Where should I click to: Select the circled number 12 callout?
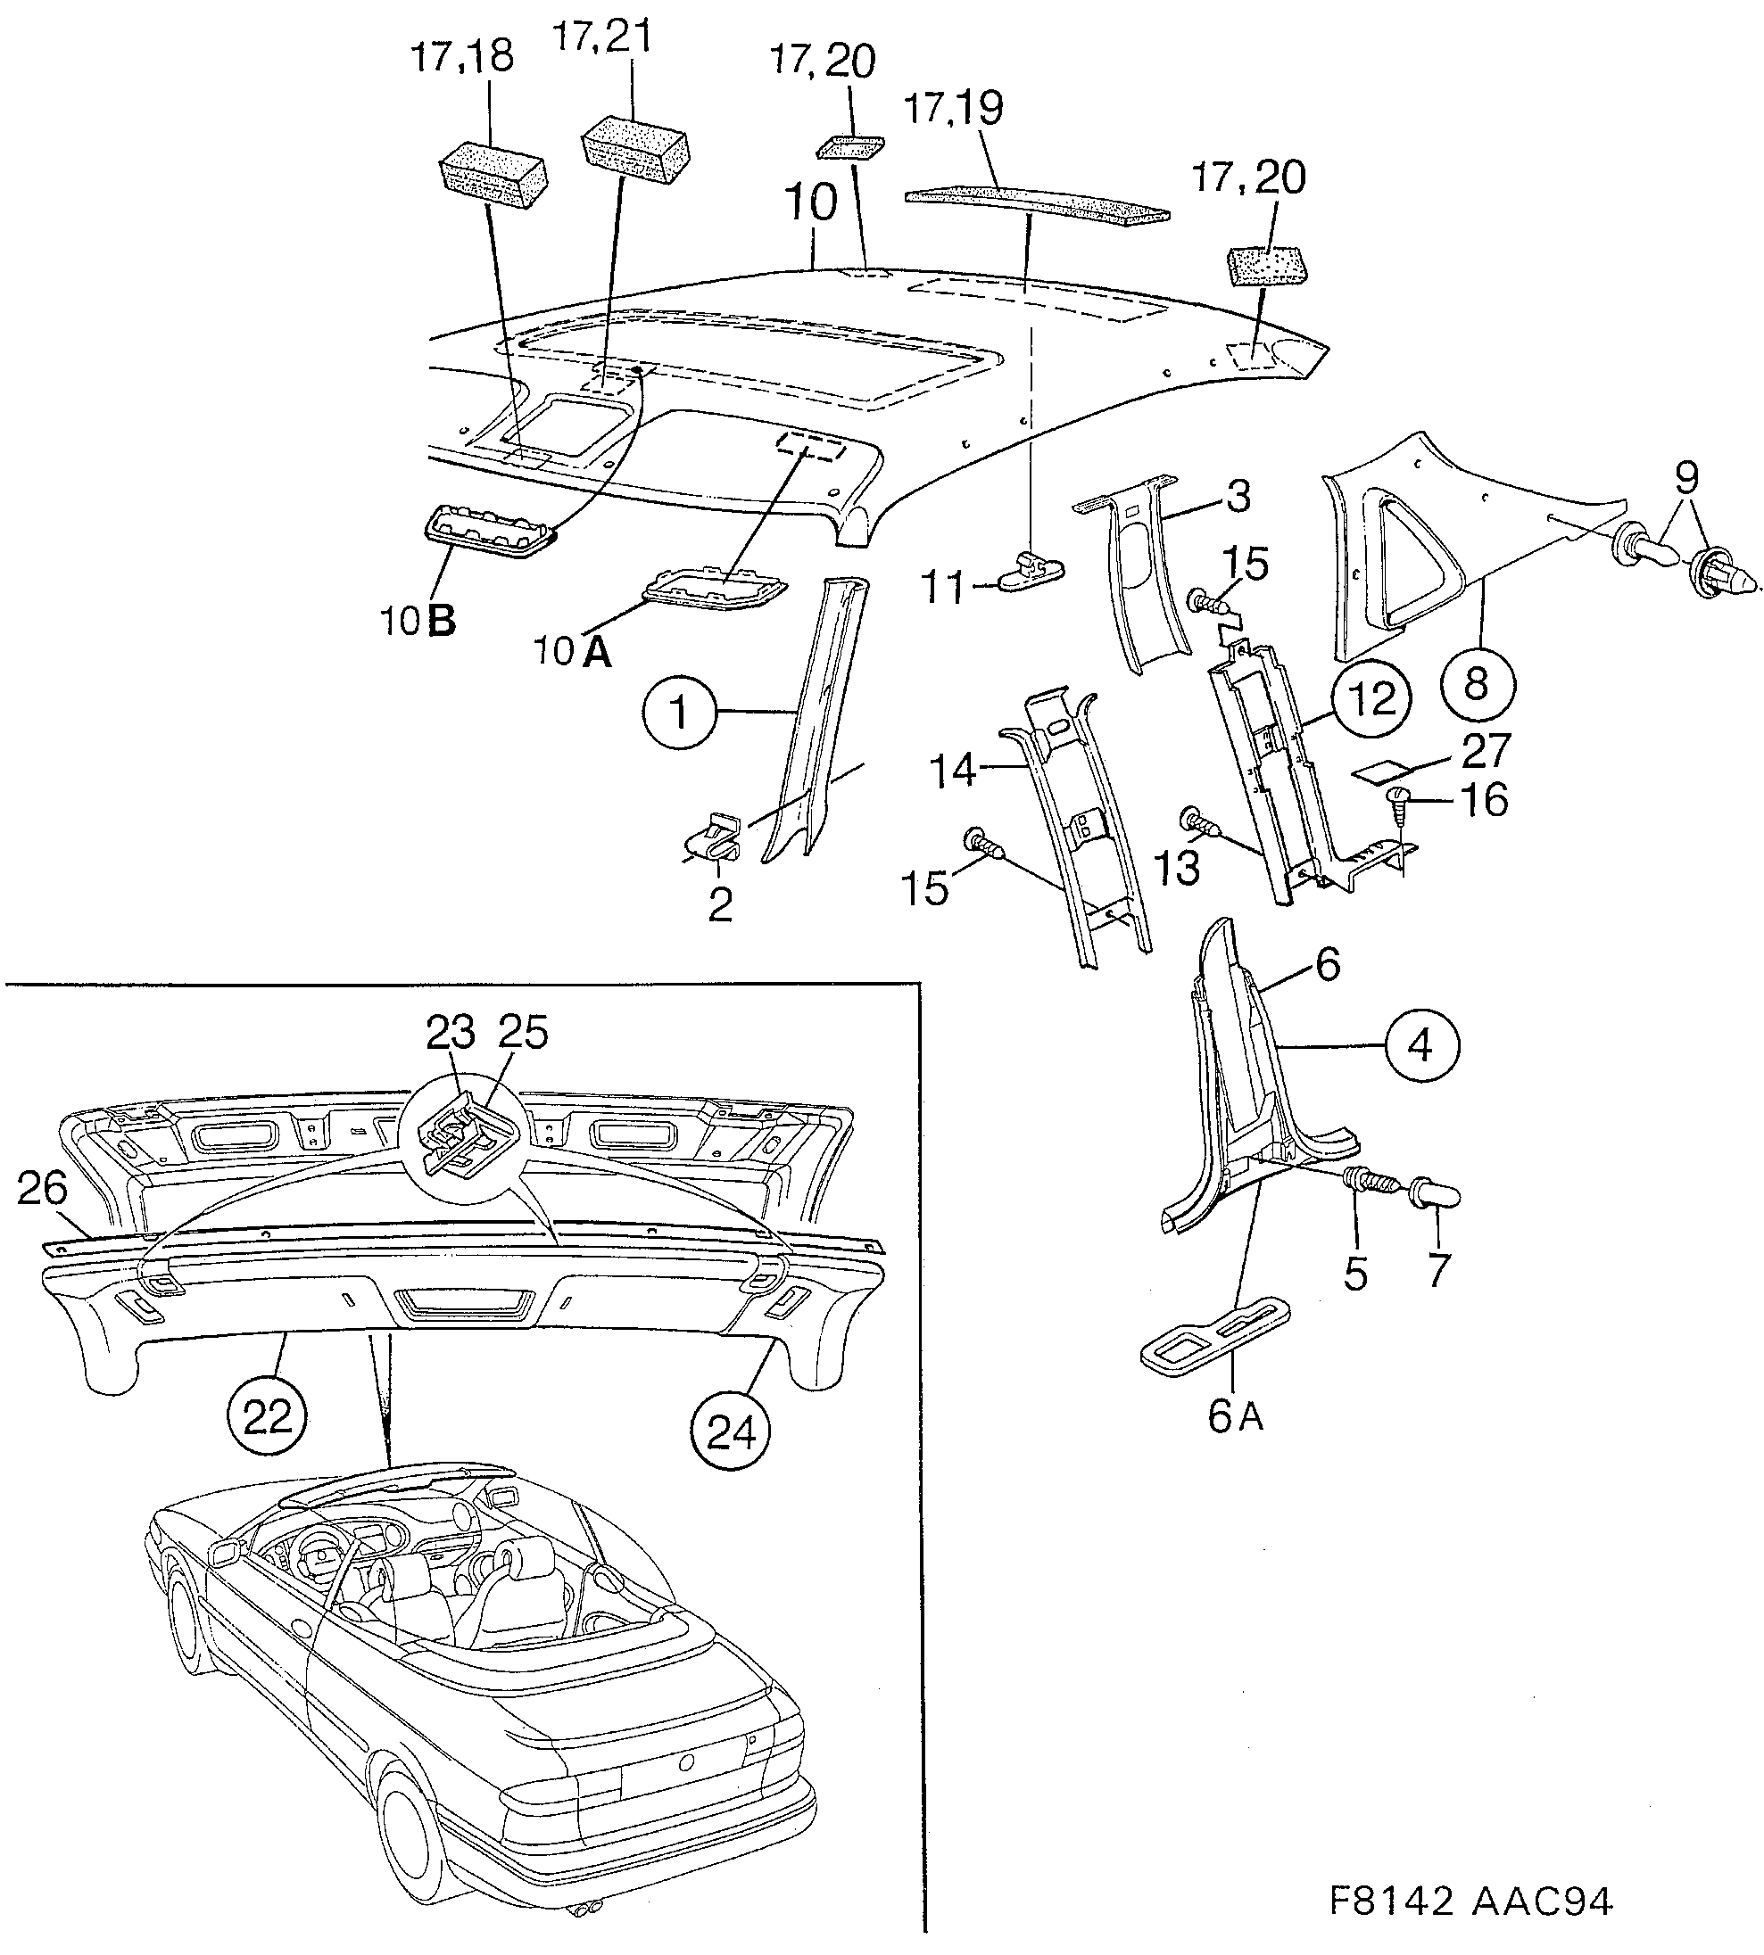pyautogui.click(x=1371, y=698)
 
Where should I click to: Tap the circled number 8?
pyautogui.click(x=1477, y=684)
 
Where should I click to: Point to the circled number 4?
pyautogui.click(x=1420, y=1045)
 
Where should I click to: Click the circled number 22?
pyautogui.click(x=268, y=1417)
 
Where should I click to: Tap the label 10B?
pyautogui.click(x=418, y=621)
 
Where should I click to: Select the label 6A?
pyautogui.click(x=1236, y=1417)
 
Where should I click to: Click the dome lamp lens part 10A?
pyautogui.click(x=716, y=591)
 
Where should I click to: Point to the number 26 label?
pyautogui.click(x=42, y=1189)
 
